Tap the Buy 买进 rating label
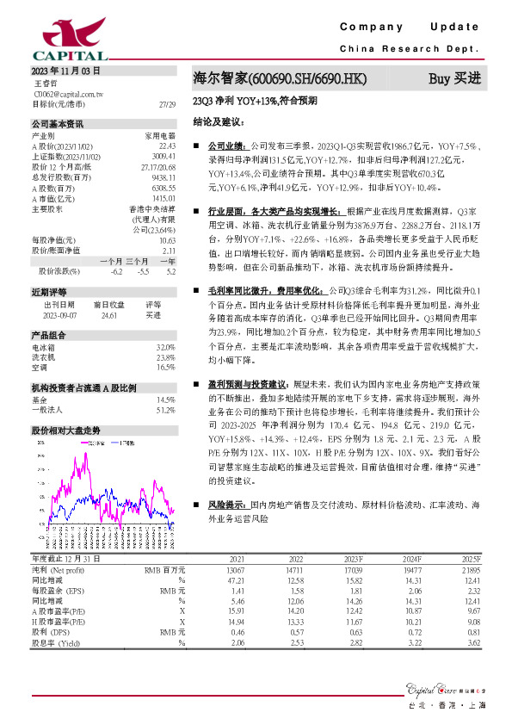(x=455, y=78)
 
